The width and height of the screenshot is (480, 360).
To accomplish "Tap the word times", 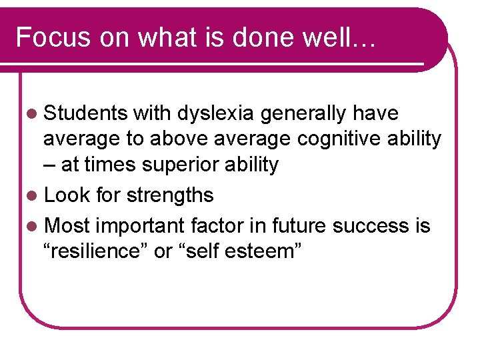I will [x=109, y=165].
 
